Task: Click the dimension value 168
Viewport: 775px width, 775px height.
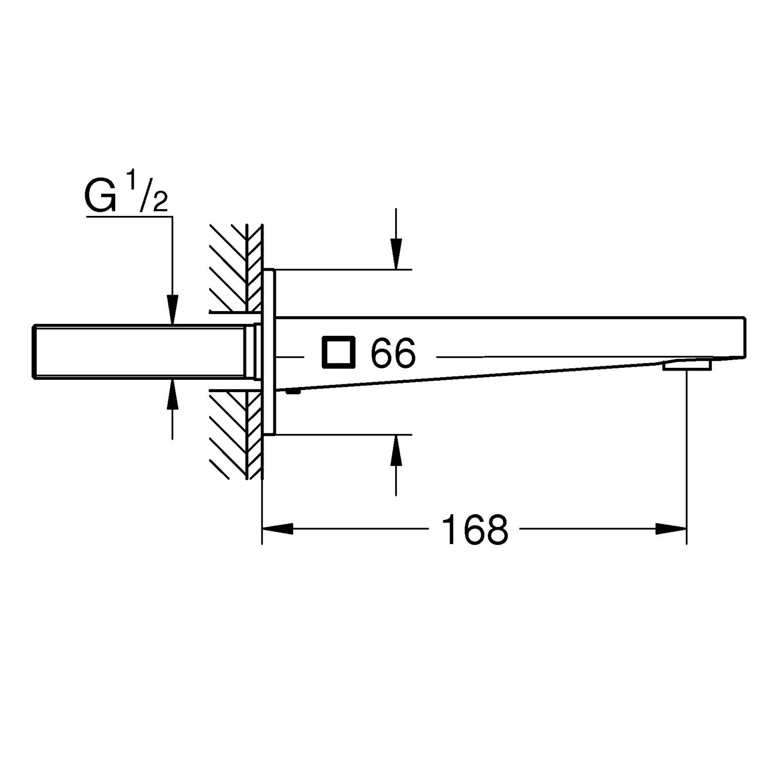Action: point(475,529)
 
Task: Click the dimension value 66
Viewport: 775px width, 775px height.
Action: point(393,353)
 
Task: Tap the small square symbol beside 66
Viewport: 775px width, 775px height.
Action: point(338,352)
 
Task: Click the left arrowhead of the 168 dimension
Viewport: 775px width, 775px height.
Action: point(278,529)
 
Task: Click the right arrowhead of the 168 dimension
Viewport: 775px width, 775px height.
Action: point(671,529)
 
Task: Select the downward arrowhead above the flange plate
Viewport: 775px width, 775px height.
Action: point(396,254)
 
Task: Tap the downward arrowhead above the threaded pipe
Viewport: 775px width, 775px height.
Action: point(173,309)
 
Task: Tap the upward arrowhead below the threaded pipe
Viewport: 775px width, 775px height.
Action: point(173,393)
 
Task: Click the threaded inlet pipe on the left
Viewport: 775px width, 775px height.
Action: point(139,351)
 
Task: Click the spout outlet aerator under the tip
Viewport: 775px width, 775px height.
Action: point(687,365)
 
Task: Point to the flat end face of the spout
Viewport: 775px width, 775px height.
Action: point(745,336)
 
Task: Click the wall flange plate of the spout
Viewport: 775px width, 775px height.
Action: point(269,352)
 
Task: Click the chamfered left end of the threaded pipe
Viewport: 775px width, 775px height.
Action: point(35,351)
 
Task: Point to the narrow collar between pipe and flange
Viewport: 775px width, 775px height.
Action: point(255,351)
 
